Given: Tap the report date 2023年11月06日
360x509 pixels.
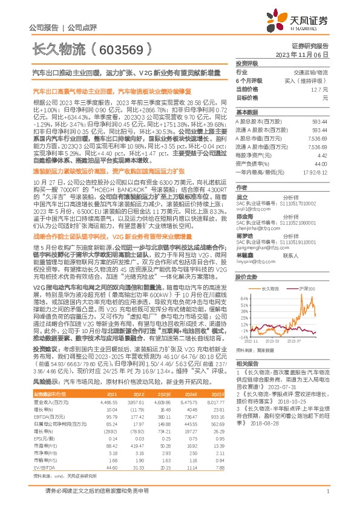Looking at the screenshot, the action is [309, 54].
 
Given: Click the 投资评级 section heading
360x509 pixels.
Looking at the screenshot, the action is [247, 63].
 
